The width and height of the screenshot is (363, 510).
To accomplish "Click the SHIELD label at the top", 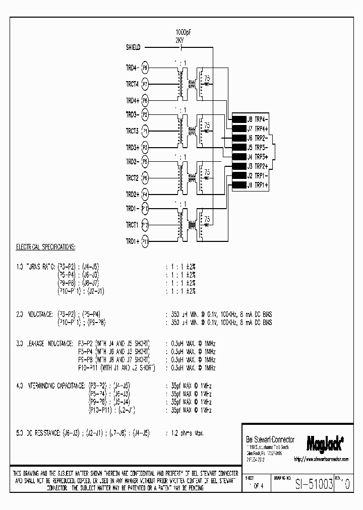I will pos(133,48).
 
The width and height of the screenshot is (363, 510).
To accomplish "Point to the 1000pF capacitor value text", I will pos(183,31).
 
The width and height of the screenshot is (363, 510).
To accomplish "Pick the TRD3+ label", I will pos(132,147).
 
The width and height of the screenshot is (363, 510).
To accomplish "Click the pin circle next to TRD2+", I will pos(145,194).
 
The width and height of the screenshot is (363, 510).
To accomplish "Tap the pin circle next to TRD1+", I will pos(145,241).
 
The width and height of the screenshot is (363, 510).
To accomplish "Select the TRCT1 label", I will pos(132,225).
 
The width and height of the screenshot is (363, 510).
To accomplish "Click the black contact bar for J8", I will pos(238,120).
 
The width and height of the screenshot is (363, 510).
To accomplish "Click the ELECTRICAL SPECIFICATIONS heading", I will pos(46,247).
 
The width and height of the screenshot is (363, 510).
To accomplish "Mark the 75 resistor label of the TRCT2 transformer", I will pos(207,172).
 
